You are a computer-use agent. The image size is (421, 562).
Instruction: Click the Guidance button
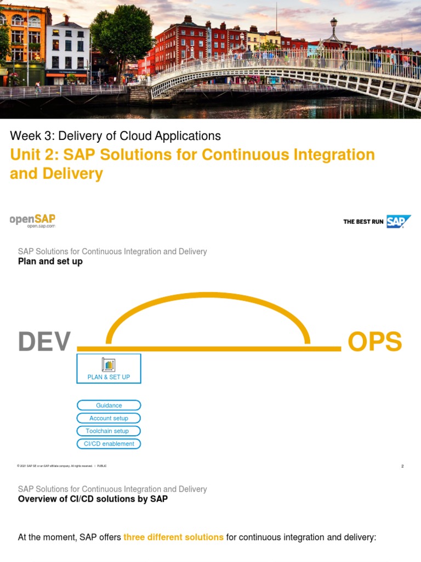click(x=109, y=406)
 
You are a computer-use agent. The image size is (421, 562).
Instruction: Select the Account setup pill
click(x=109, y=418)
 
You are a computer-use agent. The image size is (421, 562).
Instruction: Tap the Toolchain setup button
click(x=109, y=431)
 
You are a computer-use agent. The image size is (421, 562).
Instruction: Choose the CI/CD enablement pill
click(x=109, y=443)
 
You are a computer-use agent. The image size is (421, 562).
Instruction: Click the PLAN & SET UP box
click(x=109, y=368)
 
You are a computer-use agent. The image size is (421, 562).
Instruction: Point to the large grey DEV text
click(x=44, y=342)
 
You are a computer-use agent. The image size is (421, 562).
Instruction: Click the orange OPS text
click(x=375, y=342)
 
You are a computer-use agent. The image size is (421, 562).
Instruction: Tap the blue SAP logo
click(x=398, y=221)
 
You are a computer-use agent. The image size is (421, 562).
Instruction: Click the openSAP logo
click(x=32, y=220)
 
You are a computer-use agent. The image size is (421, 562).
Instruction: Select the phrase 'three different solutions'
click(x=173, y=537)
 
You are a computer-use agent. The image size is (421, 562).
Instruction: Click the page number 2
click(x=402, y=466)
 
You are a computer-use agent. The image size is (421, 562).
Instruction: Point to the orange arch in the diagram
click(x=208, y=297)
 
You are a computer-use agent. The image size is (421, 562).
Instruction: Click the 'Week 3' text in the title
click(x=31, y=136)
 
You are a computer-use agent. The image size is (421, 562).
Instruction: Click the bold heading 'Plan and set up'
click(x=50, y=261)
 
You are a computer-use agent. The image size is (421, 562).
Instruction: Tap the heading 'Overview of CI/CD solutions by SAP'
click(x=93, y=499)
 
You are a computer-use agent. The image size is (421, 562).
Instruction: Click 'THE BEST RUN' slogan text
click(x=363, y=222)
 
